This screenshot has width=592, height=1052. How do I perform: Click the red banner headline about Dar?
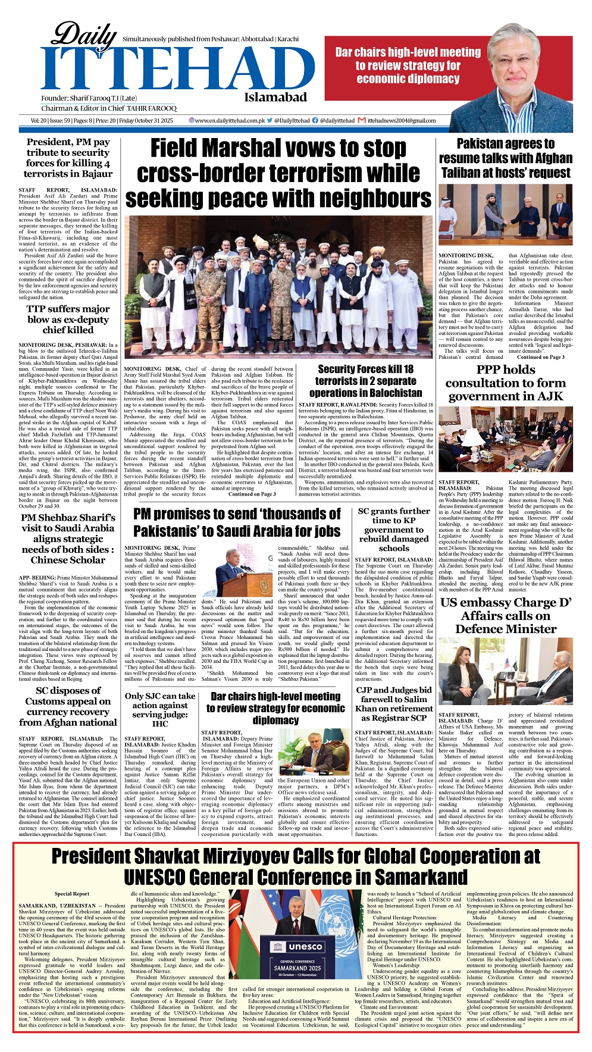click(x=408, y=65)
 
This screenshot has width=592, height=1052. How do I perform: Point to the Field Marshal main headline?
click(x=278, y=173)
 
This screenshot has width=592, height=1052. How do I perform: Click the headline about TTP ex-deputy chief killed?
click(x=68, y=319)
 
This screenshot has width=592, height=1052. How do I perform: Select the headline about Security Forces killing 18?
click(x=365, y=381)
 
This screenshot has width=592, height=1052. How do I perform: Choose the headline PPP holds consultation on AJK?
click(x=505, y=383)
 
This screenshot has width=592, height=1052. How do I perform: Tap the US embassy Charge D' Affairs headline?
click(x=505, y=615)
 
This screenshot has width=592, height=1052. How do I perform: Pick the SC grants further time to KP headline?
click(x=393, y=530)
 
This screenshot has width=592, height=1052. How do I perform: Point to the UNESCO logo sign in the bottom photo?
click(x=297, y=946)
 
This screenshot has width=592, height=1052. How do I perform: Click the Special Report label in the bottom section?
click(x=72, y=894)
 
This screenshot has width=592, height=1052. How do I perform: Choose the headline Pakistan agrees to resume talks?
click(x=505, y=158)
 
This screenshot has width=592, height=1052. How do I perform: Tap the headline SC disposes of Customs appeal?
click(x=68, y=706)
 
